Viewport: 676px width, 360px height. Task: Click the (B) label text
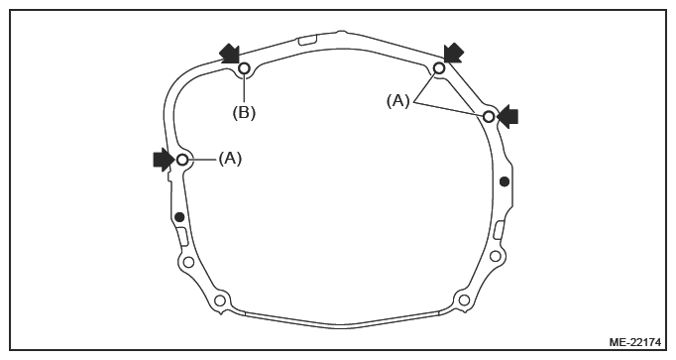(244, 113)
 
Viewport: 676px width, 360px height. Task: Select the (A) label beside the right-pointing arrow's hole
(230, 159)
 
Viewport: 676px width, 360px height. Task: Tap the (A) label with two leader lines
(397, 101)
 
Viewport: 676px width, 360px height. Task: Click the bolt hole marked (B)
(244, 68)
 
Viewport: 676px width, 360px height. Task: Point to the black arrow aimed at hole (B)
(229, 55)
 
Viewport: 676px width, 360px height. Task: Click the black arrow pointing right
(164, 160)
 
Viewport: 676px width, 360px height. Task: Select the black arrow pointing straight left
(507, 116)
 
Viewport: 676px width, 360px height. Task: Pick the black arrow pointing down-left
(454, 54)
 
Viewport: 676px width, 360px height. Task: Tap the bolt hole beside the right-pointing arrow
(182, 160)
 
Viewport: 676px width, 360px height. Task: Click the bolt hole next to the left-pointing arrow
(489, 116)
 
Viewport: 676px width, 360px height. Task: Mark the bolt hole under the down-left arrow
(439, 68)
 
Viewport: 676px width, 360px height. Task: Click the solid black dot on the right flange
(505, 181)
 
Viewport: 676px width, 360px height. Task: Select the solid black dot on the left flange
(179, 217)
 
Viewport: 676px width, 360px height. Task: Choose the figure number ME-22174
(634, 342)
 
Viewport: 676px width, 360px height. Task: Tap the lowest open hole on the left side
(220, 300)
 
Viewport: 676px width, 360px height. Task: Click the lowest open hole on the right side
(464, 300)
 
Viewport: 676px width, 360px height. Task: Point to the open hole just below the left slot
(188, 262)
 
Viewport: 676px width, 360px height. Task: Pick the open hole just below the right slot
(496, 257)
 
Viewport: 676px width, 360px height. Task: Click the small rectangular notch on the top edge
(307, 40)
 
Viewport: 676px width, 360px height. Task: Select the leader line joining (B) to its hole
(244, 89)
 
